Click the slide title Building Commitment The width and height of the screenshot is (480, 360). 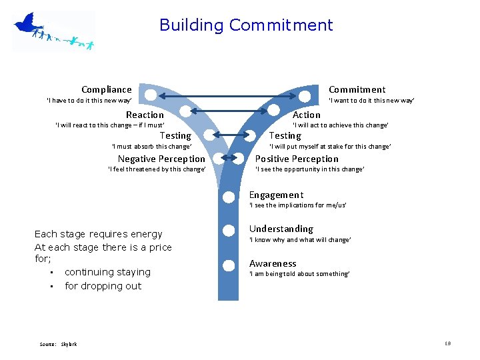click(x=246, y=25)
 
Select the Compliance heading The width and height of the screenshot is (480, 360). click(x=107, y=89)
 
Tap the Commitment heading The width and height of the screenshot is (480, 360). click(x=357, y=89)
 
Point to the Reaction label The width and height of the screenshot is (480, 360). click(x=145, y=115)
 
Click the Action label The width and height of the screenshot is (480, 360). click(x=307, y=115)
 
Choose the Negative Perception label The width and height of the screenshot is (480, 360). click(x=161, y=159)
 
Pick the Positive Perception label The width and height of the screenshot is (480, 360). click(x=297, y=159)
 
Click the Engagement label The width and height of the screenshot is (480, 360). click(x=276, y=195)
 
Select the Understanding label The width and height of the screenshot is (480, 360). click(x=281, y=229)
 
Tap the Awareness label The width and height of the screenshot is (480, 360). click(x=273, y=263)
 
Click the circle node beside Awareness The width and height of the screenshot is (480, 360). click(x=228, y=263)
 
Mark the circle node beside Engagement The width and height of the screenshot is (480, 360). click(x=228, y=196)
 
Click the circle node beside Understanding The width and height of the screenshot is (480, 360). click(x=228, y=230)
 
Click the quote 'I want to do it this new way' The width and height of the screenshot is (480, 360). click(x=371, y=101)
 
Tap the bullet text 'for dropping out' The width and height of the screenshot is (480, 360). click(x=103, y=286)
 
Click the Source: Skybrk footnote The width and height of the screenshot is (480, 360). click(x=58, y=344)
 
